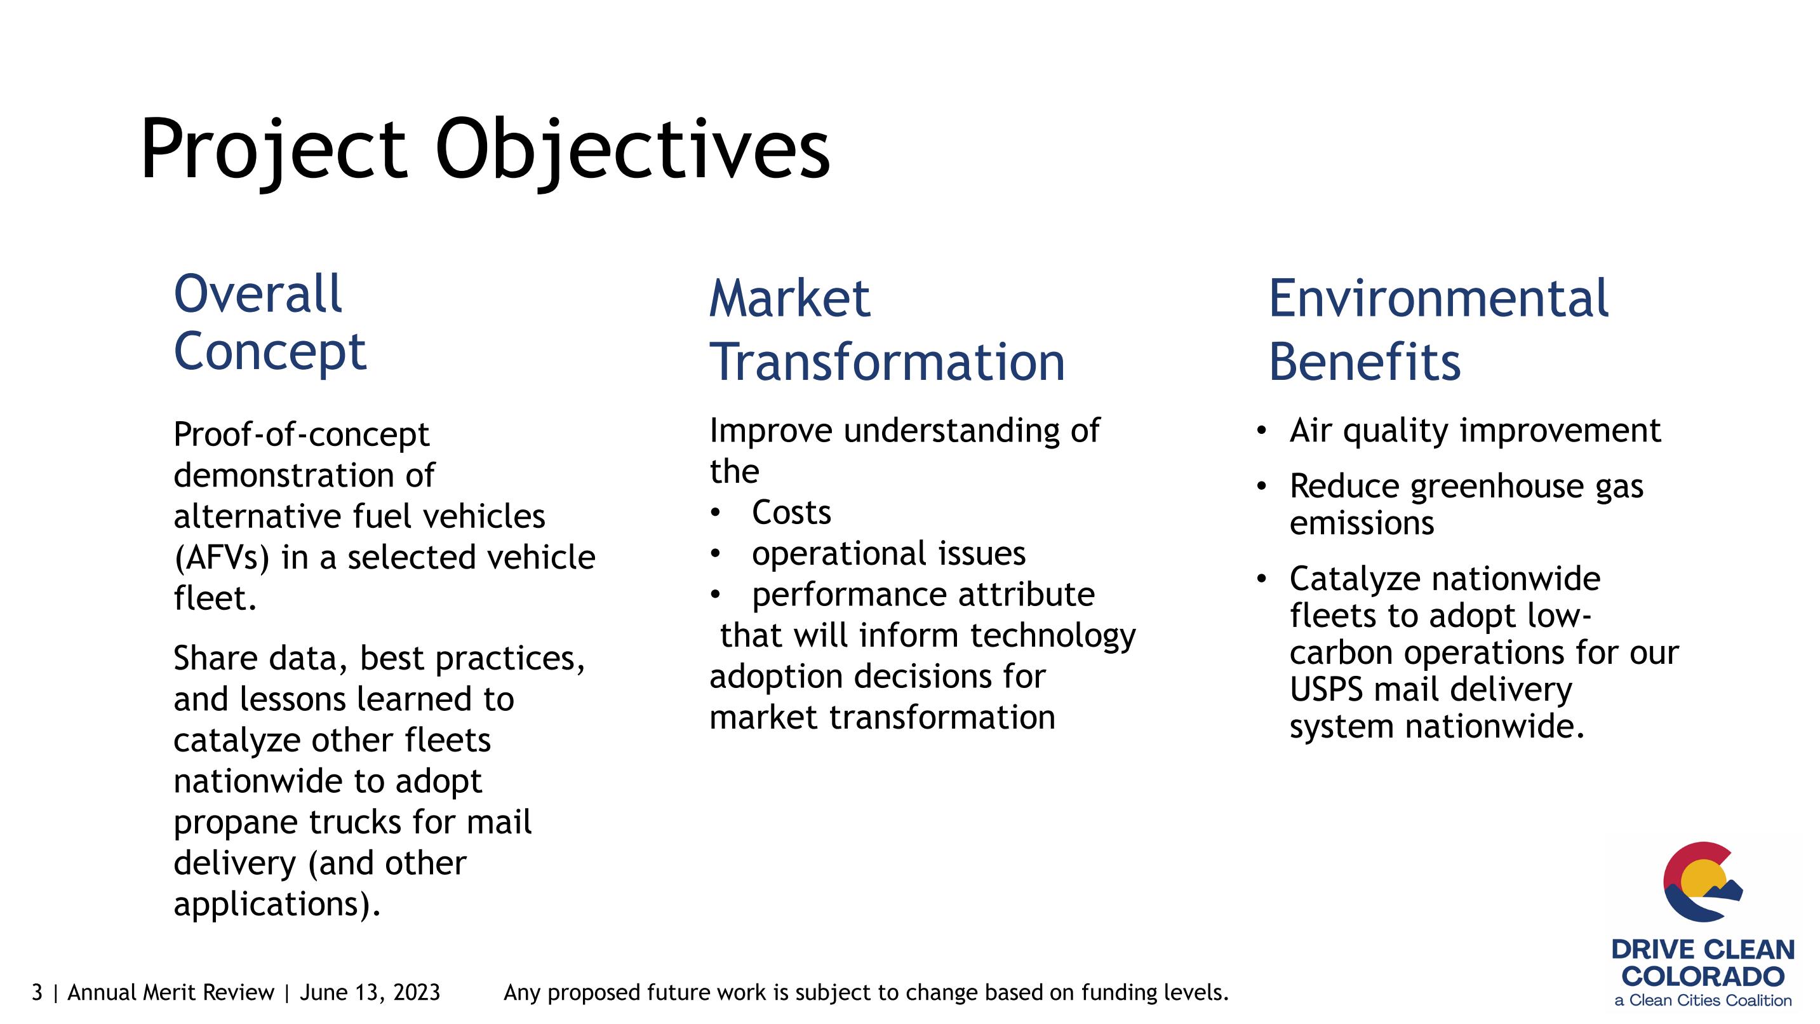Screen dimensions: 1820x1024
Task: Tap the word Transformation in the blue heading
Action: click(x=887, y=362)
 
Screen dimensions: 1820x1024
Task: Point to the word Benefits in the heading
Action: click(x=1364, y=362)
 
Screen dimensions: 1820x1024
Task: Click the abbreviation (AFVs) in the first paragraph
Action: click(x=222, y=558)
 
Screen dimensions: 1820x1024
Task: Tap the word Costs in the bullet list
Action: click(x=791, y=513)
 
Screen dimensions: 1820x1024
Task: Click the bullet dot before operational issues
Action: click(x=715, y=554)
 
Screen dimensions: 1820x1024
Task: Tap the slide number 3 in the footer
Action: click(x=37, y=992)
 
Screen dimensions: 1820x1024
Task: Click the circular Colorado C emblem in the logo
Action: click(x=1701, y=881)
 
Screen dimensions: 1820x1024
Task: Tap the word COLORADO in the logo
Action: click(x=1703, y=976)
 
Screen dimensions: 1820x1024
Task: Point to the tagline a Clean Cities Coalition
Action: click(x=1703, y=1000)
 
